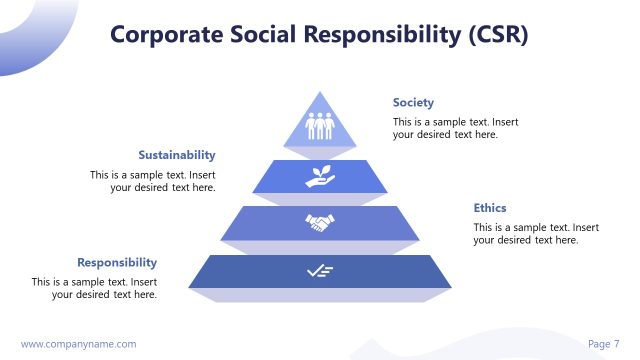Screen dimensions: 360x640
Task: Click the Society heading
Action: [413, 103]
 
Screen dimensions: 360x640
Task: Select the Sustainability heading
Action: [177, 155]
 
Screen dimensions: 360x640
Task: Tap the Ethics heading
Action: [490, 208]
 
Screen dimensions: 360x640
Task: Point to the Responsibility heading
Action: [117, 262]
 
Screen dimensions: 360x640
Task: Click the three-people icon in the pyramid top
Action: [320, 127]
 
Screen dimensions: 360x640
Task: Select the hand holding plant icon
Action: [320, 177]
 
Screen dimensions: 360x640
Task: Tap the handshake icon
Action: [320, 223]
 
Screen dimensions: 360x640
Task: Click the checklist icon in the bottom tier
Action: [320, 271]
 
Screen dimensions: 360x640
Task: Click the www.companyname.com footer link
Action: [78, 344]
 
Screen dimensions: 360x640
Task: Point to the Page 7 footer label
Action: [603, 344]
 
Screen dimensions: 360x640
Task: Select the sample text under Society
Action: [455, 128]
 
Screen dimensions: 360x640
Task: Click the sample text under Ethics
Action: [536, 234]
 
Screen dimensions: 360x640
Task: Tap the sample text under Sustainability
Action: [152, 181]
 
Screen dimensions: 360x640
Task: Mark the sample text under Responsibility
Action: [94, 288]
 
